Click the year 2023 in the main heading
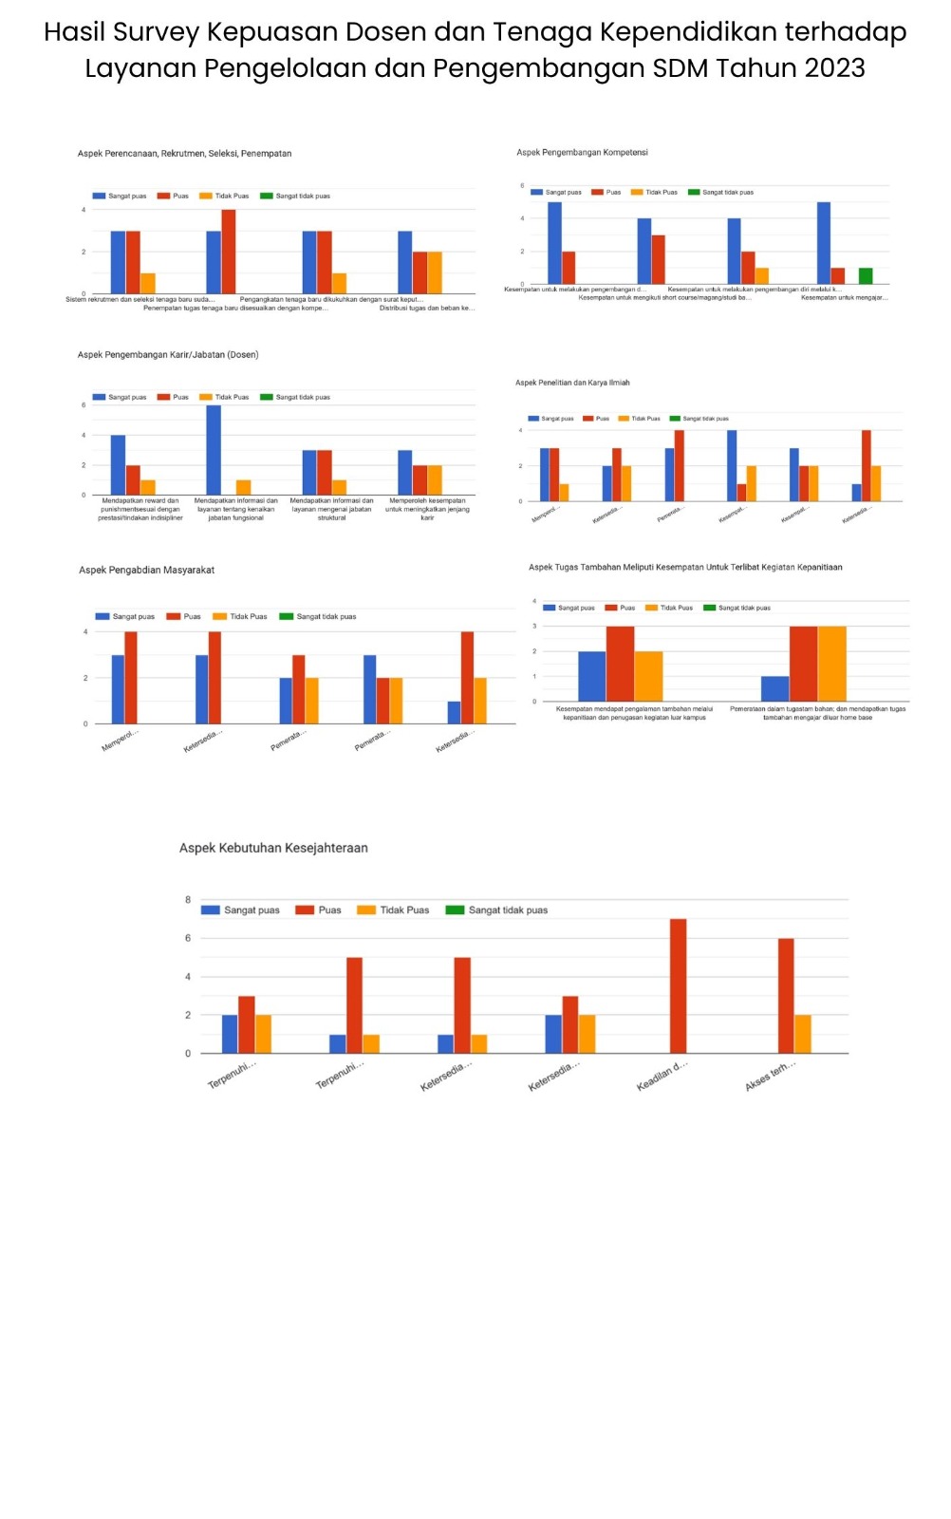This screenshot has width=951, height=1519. pyautogui.click(x=835, y=68)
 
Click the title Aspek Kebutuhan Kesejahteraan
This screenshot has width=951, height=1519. pyautogui.click(x=273, y=848)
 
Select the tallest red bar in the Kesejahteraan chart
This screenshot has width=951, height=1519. pyautogui.click(x=678, y=985)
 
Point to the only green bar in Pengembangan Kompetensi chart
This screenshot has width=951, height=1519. pyautogui.click(x=866, y=276)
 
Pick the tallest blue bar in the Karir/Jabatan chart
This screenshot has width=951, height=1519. pyautogui.click(x=214, y=450)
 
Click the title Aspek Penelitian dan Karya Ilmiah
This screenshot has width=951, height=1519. pyautogui.click(x=572, y=383)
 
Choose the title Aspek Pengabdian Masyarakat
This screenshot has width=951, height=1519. pyautogui.click(x=147, y=570)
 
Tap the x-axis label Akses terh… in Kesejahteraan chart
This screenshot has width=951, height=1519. pyautogui.click(x=770, y=1076)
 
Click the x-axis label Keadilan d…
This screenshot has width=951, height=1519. pyautogui.click(x=662, y=1076)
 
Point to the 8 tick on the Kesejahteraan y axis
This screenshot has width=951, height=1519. pyautogui.click(x=188, y=899)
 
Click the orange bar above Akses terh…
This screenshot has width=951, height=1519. pyautogui.click(x=803, y=1034)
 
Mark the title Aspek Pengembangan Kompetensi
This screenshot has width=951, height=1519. pyautogui.click(x=582, y=152)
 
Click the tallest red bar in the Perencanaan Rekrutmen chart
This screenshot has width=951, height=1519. pyautogui.click(x=229, y=252)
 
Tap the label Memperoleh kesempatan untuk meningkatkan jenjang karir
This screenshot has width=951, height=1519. pyautogui.click(x=427, y=509)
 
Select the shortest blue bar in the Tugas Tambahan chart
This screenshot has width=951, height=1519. pyautogui.click(x=774, y=688)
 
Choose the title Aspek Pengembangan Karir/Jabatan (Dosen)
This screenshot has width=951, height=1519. pyautogui.click(x=168, y=354)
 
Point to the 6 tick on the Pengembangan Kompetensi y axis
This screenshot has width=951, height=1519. pyautogui.click(x=522, y=186)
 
